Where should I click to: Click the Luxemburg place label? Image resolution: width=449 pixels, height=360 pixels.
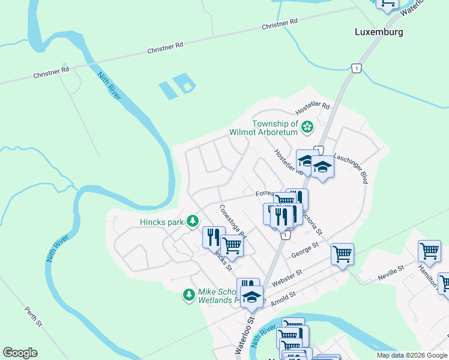(378, 32)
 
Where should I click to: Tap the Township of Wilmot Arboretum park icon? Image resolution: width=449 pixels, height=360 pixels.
(307, 127)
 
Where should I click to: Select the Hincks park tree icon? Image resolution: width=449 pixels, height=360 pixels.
(192, 222)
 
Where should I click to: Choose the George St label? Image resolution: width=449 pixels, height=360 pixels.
(304, 251)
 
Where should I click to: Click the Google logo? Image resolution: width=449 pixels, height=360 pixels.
(20, 353)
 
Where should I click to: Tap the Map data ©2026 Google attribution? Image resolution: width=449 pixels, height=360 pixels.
(412, 355)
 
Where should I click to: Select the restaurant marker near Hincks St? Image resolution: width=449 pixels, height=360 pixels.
(213, 236)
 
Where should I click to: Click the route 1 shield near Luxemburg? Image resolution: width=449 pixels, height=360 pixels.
(357, 68)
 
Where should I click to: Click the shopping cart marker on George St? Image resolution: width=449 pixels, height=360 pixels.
(342, 253)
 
